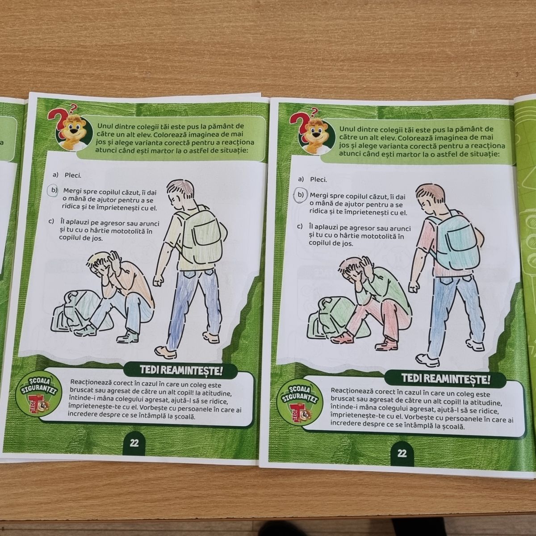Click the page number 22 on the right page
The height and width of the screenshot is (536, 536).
(x=402, y=454)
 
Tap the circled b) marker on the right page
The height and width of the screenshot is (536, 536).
(x=300, y=195)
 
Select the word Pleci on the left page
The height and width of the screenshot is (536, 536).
(x=73, y=176)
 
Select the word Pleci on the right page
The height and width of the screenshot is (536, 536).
(x=318, y=180)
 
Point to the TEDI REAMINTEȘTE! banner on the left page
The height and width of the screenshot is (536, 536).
(x=181, y=370)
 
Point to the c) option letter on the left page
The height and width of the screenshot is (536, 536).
(x=50, y=222)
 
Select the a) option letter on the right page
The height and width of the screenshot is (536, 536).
(x=301, y=179)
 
